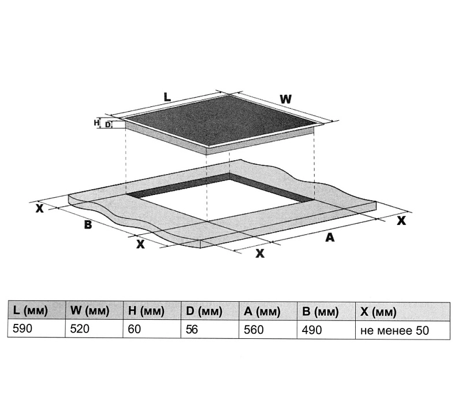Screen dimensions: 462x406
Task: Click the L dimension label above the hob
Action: coord(167,97)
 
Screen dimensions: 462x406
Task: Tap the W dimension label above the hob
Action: coord(285,99)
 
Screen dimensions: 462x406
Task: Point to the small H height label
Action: coord(96,123)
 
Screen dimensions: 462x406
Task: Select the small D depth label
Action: coord(108,125)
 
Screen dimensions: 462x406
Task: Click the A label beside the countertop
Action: coord(330,237)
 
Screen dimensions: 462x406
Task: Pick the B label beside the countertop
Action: coord(88,224)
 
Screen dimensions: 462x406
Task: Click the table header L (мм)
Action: coord(31,311)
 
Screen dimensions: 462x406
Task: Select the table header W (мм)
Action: coord(90,311)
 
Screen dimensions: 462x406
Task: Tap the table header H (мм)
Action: coord(146,311)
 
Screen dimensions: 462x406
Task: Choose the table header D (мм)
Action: coord(204,311)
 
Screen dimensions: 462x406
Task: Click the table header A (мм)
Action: coord(262,312)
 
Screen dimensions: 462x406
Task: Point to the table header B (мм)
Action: coord(320,312)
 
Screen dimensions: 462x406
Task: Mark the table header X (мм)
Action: coord(378,312)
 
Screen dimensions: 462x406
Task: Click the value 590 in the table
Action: coord(22,328)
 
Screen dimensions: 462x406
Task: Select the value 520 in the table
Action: coord(80,329)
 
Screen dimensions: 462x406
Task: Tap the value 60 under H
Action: coord(135,329)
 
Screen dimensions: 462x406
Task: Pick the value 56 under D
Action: coord(192,329)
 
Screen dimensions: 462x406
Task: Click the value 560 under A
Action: coord(254,330)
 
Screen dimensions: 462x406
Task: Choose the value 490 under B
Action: coord(312,330)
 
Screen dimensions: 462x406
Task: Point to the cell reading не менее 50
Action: coord(394,331)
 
